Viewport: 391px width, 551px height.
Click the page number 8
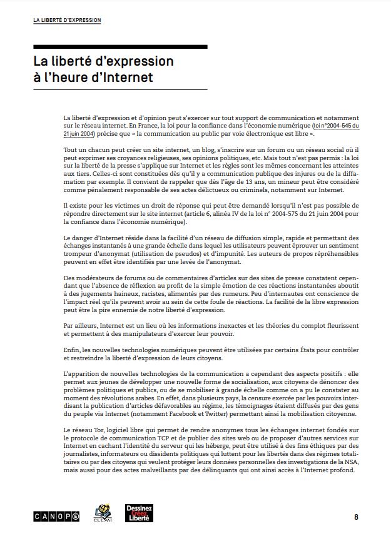tap(356, 517)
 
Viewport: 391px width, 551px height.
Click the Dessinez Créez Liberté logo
tap(139, 513)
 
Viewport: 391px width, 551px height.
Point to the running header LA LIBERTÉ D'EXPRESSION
tap(67, 21)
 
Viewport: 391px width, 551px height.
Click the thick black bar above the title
tap(120, 47)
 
